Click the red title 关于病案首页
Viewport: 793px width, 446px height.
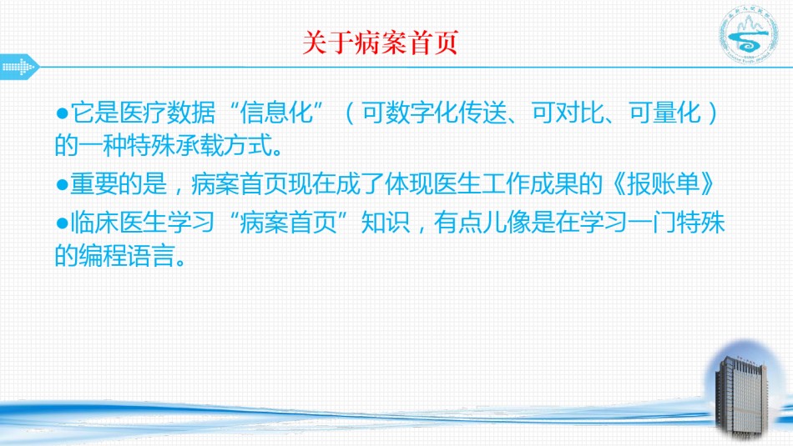381,43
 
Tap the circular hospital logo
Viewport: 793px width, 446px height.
749,34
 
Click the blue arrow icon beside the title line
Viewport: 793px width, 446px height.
20,67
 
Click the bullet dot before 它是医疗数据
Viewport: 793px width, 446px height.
63,113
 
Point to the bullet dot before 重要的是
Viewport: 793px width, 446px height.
63,184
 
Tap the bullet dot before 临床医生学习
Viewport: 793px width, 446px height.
63,223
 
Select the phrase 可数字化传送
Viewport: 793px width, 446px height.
434,113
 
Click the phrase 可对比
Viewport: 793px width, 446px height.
568,113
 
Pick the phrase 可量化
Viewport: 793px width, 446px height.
665,113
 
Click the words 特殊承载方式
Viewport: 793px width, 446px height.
200,145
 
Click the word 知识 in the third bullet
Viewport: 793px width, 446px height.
386,223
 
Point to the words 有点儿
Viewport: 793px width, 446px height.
470,223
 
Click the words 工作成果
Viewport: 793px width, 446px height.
529,184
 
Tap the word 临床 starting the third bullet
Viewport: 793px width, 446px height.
94,223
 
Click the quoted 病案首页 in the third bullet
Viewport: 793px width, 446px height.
288,223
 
